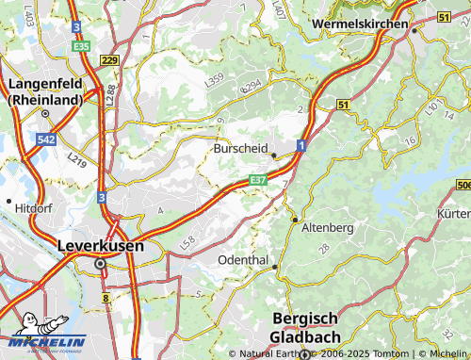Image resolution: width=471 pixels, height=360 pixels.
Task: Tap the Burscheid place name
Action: tap(241, 149)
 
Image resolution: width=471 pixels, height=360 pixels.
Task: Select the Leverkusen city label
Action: tap(101, 246)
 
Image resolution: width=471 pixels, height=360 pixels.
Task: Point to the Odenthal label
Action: tap(243, 259)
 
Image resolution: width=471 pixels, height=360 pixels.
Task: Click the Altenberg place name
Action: tap(327, 228)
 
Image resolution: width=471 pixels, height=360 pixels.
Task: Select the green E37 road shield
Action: tap(259, 179)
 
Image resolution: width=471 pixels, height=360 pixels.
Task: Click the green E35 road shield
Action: tap(80, 45)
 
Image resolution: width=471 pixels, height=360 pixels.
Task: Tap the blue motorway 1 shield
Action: tap(300, 145)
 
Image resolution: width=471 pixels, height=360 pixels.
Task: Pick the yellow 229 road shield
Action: tap(109, 60)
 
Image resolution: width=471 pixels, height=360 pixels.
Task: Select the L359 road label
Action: tap(214, 82)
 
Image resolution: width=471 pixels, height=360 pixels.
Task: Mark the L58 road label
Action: tap(187, 243)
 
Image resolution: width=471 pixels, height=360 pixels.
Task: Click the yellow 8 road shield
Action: tap(106, 299)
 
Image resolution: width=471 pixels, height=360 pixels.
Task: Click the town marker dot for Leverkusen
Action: tap(101, 265)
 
